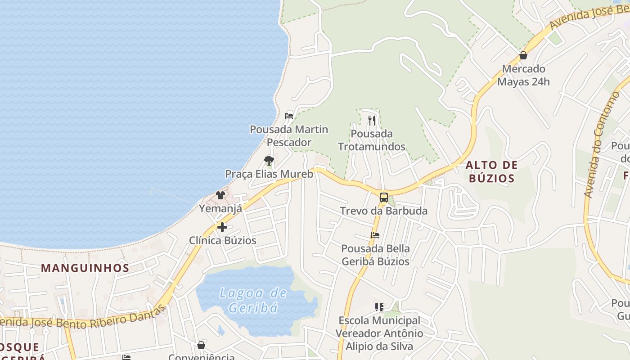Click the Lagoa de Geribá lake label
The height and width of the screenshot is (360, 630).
coord(253,300)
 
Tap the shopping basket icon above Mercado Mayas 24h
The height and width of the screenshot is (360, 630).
coord(523,56)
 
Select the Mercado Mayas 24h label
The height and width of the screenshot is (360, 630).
coord(523,76)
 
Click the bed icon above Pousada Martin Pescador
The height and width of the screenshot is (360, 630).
coord(289,116)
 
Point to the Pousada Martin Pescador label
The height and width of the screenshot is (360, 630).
coord(289,136)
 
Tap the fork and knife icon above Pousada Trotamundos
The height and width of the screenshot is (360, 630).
coord(372,120)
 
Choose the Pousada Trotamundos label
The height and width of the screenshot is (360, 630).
coord(372,140)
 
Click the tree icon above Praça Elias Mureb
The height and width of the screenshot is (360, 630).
coord(269,161)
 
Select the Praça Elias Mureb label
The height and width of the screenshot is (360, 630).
coord(269,174)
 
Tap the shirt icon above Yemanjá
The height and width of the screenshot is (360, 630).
coord(220,195)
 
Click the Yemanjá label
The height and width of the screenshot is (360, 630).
coord(220,208)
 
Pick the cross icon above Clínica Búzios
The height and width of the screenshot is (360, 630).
coord(222,227)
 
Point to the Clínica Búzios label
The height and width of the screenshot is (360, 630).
coord(222,240)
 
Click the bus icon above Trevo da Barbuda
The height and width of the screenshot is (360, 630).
coord(384,197)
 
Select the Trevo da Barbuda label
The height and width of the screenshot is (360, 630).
coord(384,211)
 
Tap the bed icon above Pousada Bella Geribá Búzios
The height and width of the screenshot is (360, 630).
coord(375,235)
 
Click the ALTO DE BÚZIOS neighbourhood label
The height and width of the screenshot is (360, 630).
coord(491,171)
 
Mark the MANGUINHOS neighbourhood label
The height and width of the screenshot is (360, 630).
coord(85,268)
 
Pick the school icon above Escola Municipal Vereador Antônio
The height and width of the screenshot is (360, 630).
coord(379,307)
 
